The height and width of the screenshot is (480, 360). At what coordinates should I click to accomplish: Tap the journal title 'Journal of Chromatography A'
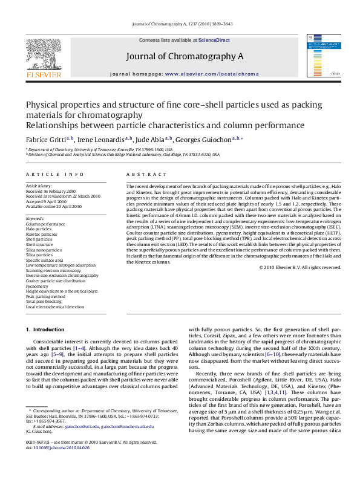click(185, 56)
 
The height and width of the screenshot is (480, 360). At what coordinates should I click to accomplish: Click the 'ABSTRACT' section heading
click(143, 174)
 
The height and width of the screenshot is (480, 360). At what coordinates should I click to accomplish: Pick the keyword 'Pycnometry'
click(38, 286)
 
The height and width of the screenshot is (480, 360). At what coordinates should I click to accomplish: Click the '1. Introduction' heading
click(44, 329)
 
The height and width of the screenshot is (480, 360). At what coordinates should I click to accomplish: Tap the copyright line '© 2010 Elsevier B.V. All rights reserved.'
click(300, 267)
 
